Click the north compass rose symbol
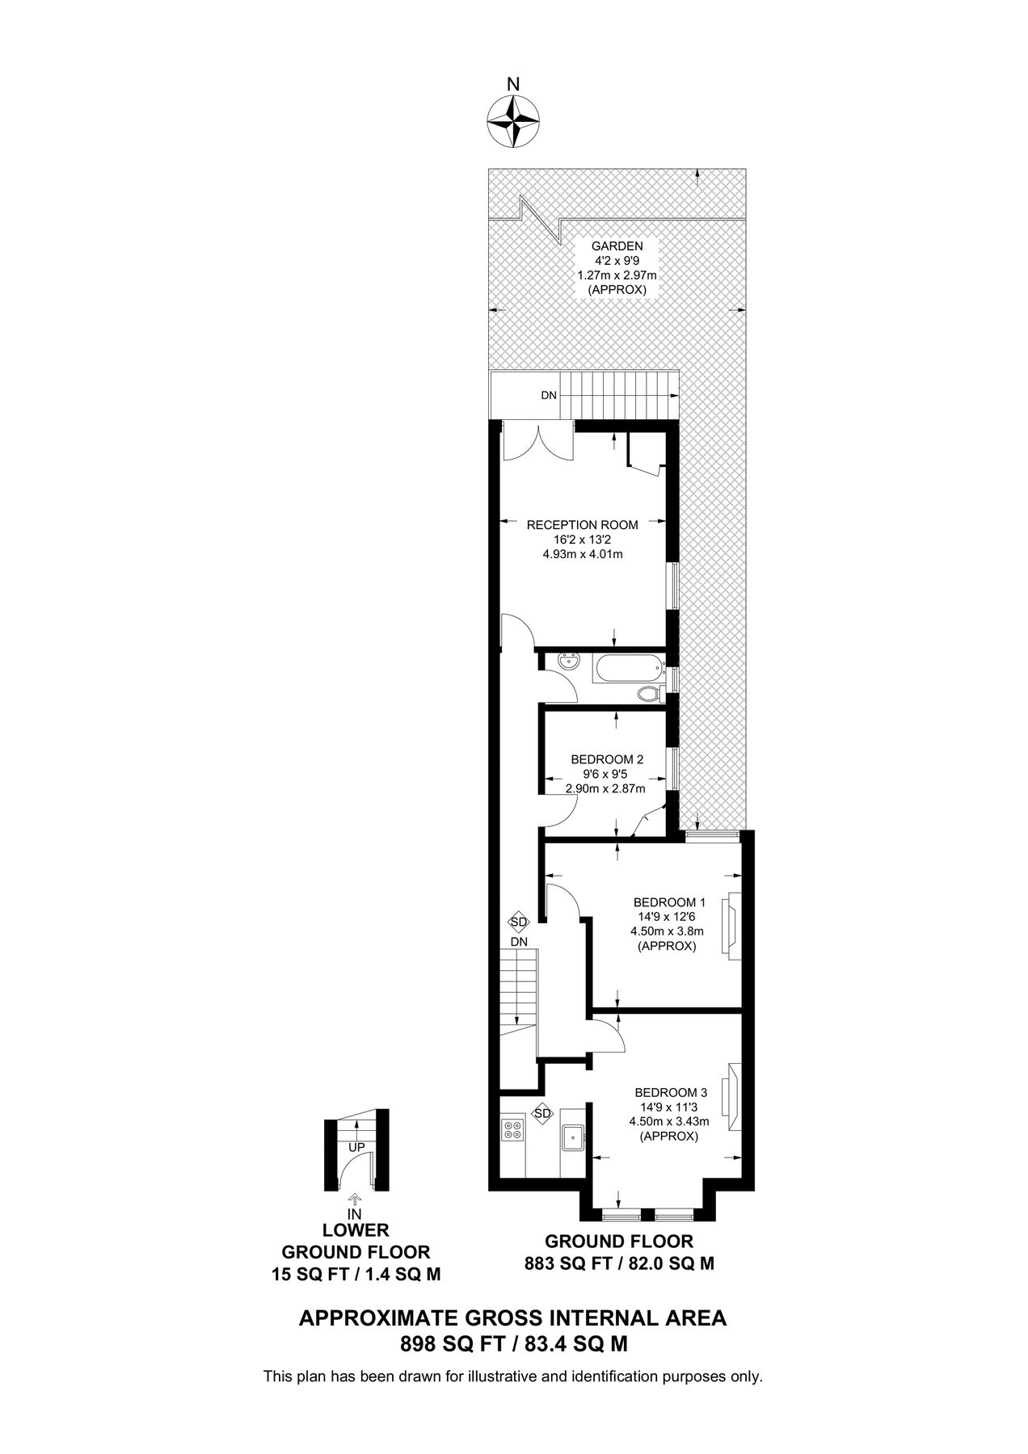(x=513, y=121)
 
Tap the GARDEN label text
(x=617, y=246)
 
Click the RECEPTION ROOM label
(x=582, y=525)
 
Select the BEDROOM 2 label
(x=606, y=759)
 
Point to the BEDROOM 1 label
(x=669, y=902)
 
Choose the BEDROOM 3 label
(x=670, y=1092)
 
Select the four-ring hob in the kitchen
(x=512, y=1129)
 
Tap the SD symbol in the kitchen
(x=542, y=1114)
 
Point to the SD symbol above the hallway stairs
(x=519, y=922)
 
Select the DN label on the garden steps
(x=549, y=396)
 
